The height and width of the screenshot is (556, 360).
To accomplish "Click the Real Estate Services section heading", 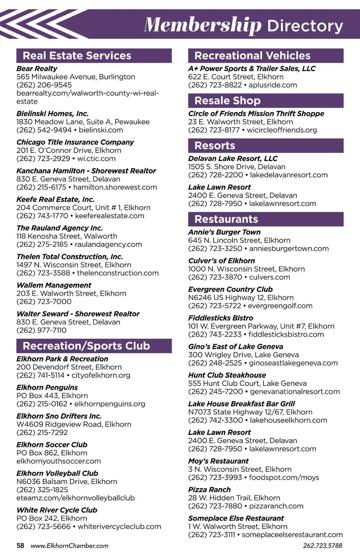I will click(77, 56).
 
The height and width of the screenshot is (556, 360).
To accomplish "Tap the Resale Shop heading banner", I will click(227, 101).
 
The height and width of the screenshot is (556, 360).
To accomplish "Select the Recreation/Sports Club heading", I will click(86, 346).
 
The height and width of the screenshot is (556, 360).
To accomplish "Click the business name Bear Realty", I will click(37, 69).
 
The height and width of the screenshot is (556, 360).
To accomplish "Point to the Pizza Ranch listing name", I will click(209, 489).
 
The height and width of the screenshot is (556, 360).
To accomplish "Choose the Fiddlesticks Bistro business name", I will click(220, 318).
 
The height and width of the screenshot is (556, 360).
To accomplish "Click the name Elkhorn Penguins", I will click(47, 387).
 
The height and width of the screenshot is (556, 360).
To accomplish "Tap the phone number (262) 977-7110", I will click(41, 330).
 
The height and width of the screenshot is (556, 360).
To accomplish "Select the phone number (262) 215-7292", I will click(42, 433).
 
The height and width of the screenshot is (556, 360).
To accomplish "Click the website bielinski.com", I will click(101, 130).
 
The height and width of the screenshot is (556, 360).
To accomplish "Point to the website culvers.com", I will click(269, 277).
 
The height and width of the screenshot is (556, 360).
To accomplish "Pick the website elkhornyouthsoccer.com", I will click(58, 461).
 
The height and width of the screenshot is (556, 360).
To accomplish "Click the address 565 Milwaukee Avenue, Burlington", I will click(76, 77).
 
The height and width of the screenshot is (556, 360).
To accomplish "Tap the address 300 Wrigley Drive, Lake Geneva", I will click(243, 355).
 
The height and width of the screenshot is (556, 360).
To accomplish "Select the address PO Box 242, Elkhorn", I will click(52, 518).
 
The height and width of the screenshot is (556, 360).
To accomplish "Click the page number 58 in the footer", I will click(20, 546).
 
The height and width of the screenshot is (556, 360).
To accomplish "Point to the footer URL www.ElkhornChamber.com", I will click(70, 546).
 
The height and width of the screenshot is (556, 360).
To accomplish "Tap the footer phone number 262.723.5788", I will click(322, 546).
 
